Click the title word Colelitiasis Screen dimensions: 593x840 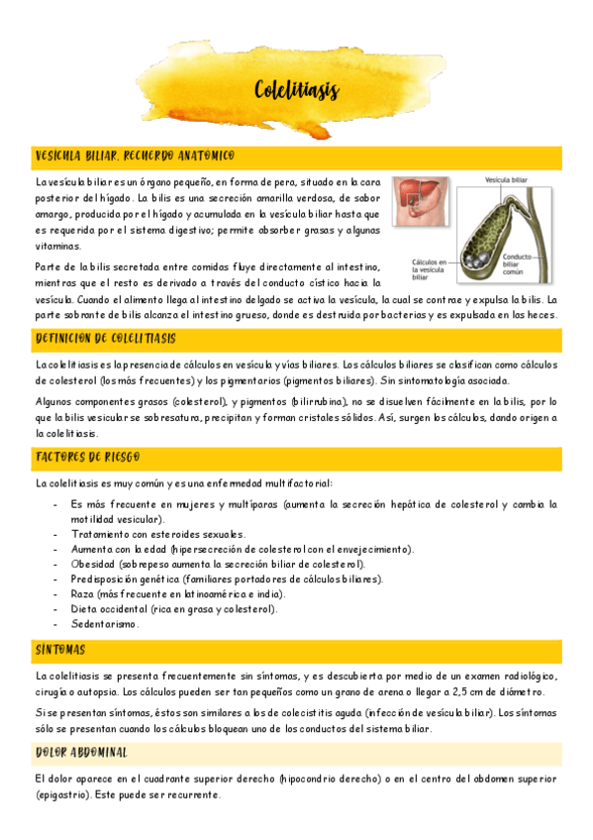296,91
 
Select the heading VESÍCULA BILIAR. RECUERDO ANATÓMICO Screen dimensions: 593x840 134,157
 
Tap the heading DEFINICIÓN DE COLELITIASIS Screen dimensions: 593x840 105,339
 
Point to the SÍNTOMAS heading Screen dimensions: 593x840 59,650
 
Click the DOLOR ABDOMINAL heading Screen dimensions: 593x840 80,753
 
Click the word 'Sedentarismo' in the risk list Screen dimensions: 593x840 104,625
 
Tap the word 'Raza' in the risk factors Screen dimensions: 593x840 83,594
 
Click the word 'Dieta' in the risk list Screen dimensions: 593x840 85,609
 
